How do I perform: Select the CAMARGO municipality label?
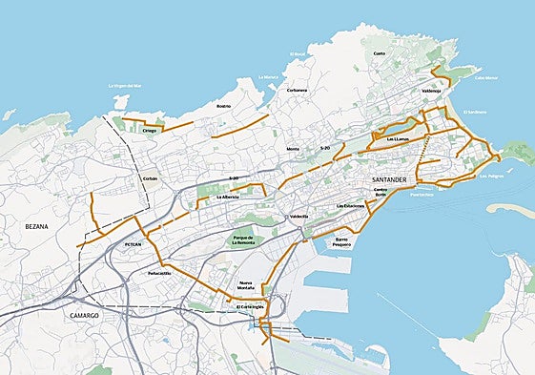[x=84, y=314]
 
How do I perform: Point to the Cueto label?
[x=380, y=53]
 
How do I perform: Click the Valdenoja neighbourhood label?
[x=431, y=92]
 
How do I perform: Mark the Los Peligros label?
[x=489, y=177]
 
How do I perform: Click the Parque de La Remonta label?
[x=245, y=240]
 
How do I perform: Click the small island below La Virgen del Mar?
[x=118, y=98]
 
